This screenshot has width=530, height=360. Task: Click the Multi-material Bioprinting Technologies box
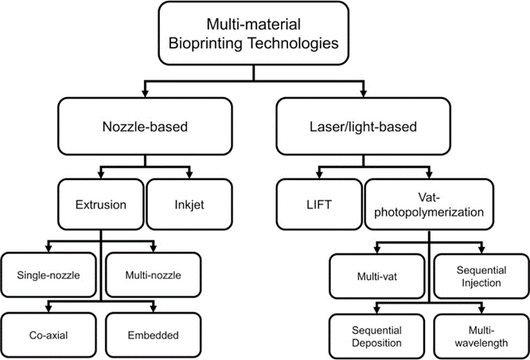[254, 33]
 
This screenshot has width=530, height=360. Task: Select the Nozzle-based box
[145, 126]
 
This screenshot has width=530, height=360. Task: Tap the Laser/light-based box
[363, 126]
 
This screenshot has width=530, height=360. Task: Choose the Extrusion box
[101, 205]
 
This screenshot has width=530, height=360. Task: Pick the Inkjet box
[189, 205]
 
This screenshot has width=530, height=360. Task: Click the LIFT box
[319, 205]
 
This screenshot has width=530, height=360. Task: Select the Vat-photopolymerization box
[429, 205]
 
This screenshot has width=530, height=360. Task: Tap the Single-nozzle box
[49, 275]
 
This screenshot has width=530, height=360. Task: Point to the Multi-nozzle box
[153, 275]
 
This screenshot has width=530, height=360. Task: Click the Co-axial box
[49, 335]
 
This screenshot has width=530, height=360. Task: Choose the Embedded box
[153, 335]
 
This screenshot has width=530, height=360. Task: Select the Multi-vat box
[377, 276]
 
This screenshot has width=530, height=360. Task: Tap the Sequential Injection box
[481, 276]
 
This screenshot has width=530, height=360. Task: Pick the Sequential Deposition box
[377, 336]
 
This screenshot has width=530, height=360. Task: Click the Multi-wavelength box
[481, 336]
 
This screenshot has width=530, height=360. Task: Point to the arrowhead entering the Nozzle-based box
[145, 93]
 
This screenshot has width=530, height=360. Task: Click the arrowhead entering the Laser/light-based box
[364, 93]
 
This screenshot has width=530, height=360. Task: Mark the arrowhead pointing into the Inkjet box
[189, 174]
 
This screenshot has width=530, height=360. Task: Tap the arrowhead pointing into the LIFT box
[319, 174]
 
